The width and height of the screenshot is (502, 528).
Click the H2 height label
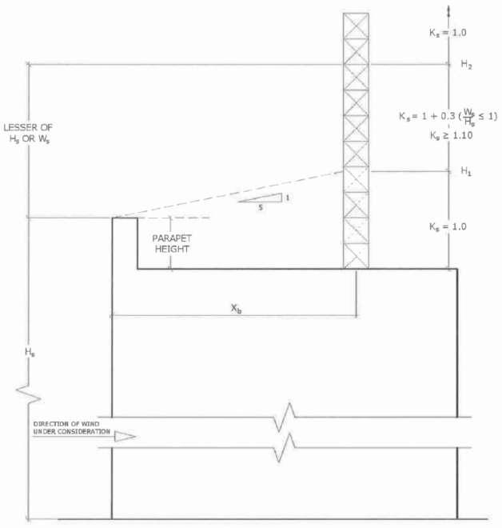pyautogui.click(x=467, y=66)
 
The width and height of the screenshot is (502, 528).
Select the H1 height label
pyautogui.click(x=467, y=171)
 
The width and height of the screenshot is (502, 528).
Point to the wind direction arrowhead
pyautogui.click(x=125, y=437)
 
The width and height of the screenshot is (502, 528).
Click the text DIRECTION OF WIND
pyautogui.click(x=67, y=423)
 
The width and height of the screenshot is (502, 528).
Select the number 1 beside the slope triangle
pyautogui.click(x=286, y=197)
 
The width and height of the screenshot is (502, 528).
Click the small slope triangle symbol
pyautogui.click(x=263, y=198)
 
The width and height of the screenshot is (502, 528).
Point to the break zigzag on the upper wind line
pyautogui.click(x=287, y=417)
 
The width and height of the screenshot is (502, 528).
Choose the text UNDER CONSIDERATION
pyautogui.click(x=67, y=432)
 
